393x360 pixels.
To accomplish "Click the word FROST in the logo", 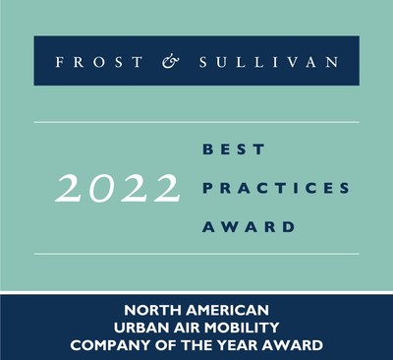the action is [x=99, y=62].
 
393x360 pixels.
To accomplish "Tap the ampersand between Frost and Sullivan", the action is [x=171, y=62].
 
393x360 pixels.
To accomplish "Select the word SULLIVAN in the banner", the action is [x=268, y=62].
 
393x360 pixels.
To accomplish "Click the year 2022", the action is [x=118, y=188].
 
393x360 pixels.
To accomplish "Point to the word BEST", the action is [x=234, y=150].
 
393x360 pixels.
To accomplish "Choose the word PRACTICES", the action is [x=276, y=188].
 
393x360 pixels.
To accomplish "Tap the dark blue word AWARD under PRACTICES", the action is [x=249, y=227].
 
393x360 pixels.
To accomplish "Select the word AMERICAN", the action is [x=227, y=310].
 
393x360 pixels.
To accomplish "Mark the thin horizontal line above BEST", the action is [x=196, y=122].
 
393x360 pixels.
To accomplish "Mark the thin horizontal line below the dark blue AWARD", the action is [x=196, y=254].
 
